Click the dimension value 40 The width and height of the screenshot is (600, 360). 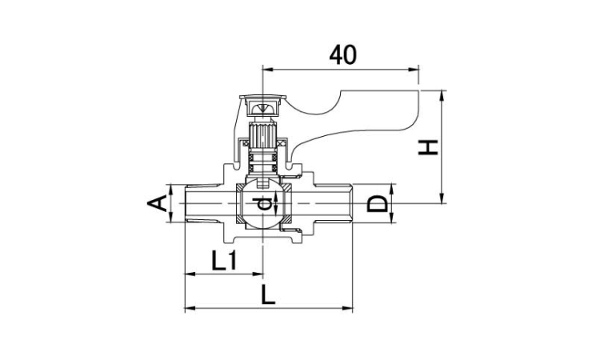343,54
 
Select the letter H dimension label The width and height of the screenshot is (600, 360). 428,147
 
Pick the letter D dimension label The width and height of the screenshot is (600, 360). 377,203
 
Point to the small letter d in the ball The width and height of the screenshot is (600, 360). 263,203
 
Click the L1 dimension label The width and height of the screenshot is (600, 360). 224,262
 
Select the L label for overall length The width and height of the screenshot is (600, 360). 268,294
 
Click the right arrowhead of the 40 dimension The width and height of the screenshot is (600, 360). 414,70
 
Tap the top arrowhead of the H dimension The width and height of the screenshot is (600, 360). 442,96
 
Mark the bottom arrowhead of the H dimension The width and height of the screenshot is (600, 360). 442,198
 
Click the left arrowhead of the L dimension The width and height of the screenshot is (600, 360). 190,307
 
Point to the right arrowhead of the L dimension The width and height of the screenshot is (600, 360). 347,307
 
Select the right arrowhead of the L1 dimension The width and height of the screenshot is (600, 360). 258,274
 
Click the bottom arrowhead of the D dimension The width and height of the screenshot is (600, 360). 391,218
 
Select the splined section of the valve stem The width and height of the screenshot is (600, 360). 262,136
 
